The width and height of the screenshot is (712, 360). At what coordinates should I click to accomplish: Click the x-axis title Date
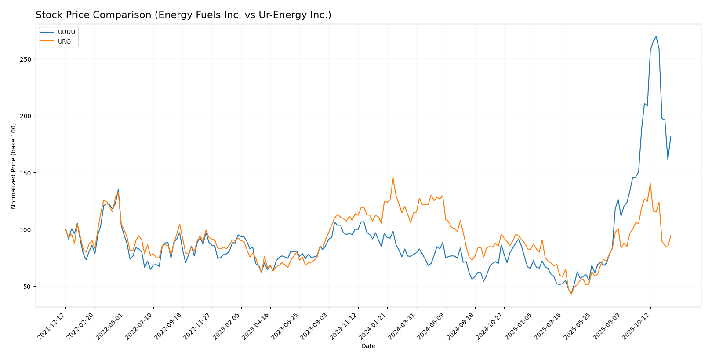pyautogui.click(x=368, y=346)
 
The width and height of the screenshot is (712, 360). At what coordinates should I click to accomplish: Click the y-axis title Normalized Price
pyautogui.click(x=14, y=166)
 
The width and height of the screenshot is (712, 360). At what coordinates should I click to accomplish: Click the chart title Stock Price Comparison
pyautogui.click(x=183, y=15)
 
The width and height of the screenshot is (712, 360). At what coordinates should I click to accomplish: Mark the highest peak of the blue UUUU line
pyautogui.click(x=656, y=36)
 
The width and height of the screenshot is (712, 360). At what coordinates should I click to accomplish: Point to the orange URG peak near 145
pyautogui.click(x=393, y=178)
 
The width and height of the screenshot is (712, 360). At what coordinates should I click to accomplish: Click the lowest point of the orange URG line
pyautogui.click(x=571, y=294)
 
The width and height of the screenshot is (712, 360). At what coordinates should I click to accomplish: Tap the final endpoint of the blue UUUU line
pyautogui.click(x=671, y=136)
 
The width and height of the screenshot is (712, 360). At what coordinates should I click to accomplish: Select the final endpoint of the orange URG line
pyautogui.click(x=671, y=236)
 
